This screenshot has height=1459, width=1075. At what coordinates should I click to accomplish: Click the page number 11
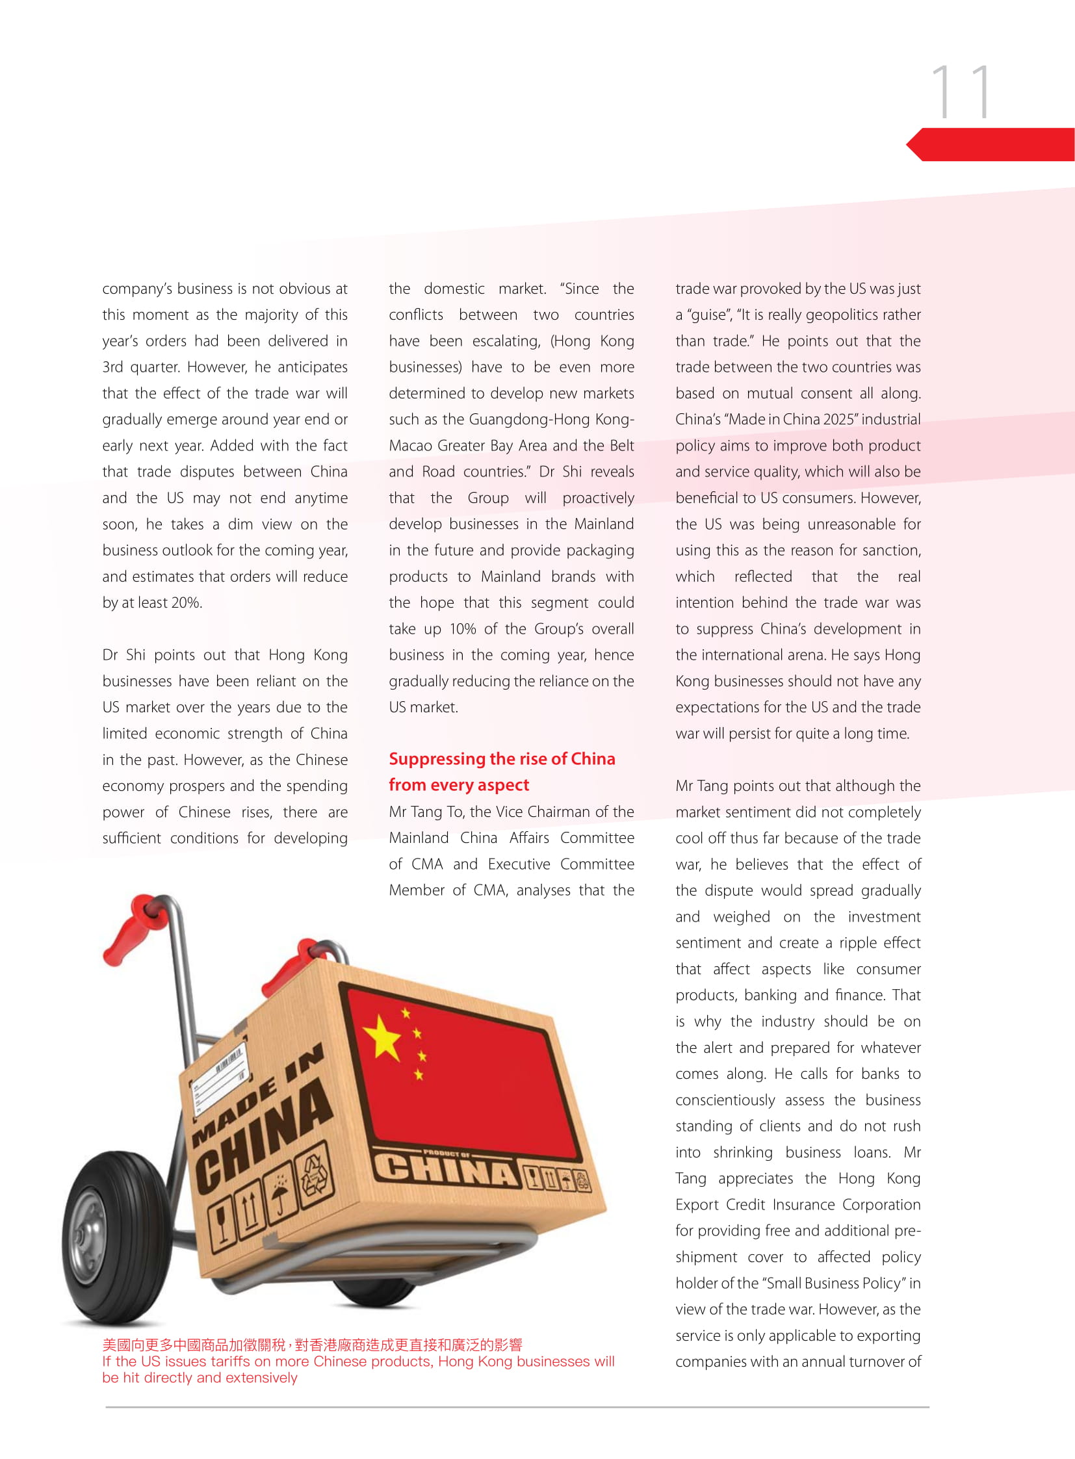tap(961, 92)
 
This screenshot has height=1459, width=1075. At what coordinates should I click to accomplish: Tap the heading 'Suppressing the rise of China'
tap(501, 759)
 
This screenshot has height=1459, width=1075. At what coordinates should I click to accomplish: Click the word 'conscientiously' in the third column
tap(724, 1100)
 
